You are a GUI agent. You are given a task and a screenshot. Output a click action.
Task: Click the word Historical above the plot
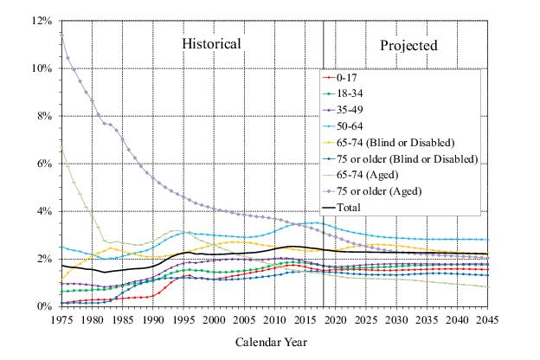pos(210,44)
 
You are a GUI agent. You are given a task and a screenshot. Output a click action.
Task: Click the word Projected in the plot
pos(409,45)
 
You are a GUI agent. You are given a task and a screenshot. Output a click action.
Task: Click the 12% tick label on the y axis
pos(40,21)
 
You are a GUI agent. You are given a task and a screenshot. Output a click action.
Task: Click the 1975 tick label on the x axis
pos(62,319)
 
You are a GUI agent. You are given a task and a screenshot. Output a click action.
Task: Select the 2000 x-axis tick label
pos(214,319)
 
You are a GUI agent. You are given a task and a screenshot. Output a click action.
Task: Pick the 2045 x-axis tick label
pos(487,319)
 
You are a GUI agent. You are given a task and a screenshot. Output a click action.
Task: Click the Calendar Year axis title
pos(271,342)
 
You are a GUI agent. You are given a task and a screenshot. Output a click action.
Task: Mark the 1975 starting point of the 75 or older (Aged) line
pos(62,33)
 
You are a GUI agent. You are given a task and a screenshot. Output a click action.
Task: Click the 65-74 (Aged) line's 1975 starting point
pos(62,146)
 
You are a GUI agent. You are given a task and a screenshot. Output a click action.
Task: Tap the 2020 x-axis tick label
pos(335,319)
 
